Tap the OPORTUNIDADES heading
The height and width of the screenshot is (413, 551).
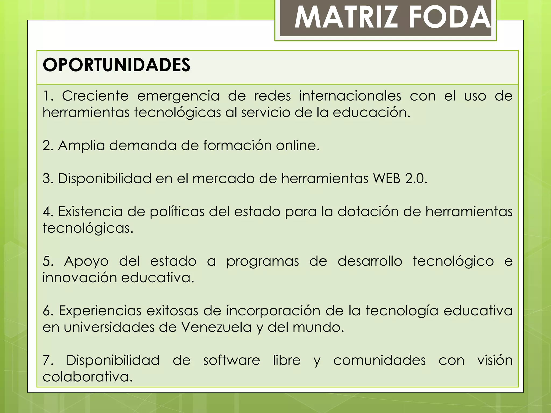click(x=116, y=65)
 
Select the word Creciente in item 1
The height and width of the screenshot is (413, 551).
click(x=95, y=96)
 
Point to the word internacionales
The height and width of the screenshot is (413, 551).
click(x=350, y=96)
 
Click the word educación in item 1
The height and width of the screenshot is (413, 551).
click(x=371, y=112)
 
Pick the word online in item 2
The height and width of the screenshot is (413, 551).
click(x=297, y=145)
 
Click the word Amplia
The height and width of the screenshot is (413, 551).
click(x=81, y=145)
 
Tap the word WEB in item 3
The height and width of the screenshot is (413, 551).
click(x=387, y=179)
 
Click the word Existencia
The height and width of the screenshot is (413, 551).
click(x=90, y=212)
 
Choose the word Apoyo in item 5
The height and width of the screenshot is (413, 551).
click(x=86, y=261)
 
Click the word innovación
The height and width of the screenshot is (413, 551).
click(x=79, y=278)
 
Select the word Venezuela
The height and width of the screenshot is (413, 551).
click(x=216, y=327)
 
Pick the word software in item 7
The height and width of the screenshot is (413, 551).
click(x=231, y=361)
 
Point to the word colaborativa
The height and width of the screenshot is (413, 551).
click(x=87, y=377)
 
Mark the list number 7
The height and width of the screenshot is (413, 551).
click(x=48, y=361)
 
